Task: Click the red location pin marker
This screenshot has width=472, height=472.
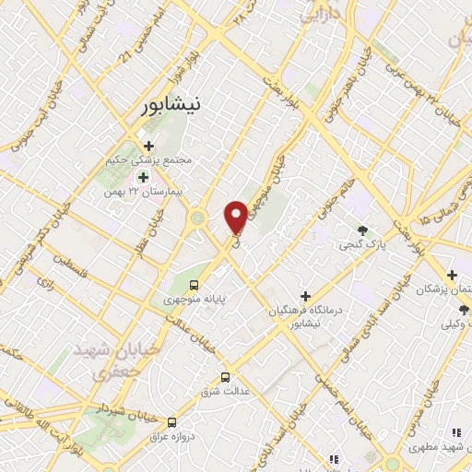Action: click(236, 216)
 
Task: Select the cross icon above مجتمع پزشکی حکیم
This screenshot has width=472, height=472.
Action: click(147, 145)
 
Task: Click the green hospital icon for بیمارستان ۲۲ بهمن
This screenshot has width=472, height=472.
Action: click(143, 176)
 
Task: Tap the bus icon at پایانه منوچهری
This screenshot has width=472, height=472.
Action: click(194, 285)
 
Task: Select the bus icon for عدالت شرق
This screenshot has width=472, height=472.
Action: click(226, 377)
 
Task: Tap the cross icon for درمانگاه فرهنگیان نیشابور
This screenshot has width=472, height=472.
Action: click(305, 295)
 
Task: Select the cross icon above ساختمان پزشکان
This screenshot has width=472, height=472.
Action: click(452, 275)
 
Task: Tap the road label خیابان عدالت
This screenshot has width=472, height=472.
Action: click(188, 332)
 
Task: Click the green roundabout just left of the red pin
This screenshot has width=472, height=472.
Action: click(196, 219)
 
